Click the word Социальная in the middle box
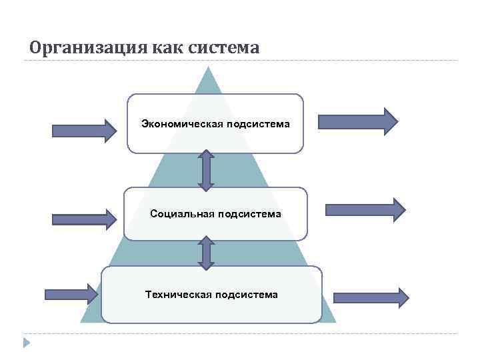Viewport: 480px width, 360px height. point(182,214)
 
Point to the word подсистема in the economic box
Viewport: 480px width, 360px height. point(257,124)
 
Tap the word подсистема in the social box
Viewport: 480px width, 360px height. point(248,214)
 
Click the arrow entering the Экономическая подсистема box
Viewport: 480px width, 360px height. point(84,129)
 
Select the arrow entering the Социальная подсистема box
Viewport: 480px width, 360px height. point(84,218)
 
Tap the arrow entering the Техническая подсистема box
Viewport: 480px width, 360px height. point(71,293)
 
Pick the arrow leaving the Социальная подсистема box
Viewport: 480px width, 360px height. point(365,209)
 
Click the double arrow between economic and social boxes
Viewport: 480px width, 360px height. point(206,170)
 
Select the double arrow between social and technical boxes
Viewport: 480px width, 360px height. point(206,253)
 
